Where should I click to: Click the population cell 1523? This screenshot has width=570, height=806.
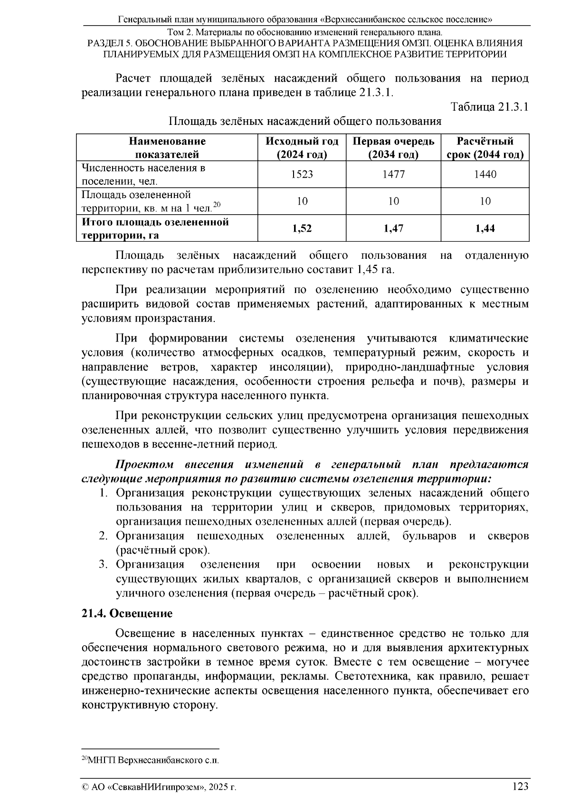tap(302, 174)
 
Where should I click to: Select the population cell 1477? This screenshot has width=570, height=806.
tap(393, 174)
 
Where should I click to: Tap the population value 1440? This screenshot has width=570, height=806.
tap(485, 174)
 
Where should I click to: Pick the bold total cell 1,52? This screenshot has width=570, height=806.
tap(302, 228)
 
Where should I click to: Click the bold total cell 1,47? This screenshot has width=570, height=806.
tap(393, 228)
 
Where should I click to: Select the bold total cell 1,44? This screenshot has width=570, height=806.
tap(485, 228)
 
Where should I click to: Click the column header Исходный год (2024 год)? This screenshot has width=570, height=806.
tap(302, 148)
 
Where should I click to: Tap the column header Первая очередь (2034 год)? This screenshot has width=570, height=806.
tap(393, 148)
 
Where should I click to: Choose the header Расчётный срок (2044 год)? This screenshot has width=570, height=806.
tap(485, 148)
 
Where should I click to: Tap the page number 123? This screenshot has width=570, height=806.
tap(520, 786)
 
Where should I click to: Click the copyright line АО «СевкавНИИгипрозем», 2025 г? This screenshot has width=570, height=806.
tap(160, 787)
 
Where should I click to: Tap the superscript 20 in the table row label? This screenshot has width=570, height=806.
tap(217, 205)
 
